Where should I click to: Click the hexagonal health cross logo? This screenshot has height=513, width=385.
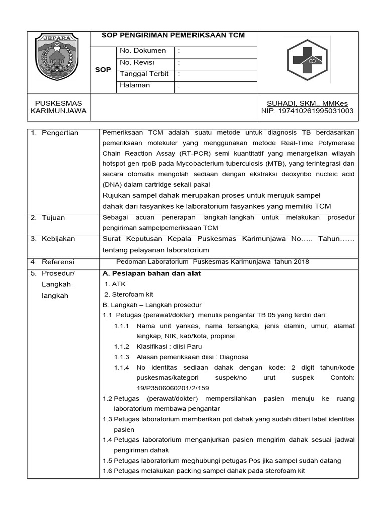307,61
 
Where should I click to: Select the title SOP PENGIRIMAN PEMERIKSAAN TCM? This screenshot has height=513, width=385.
173,35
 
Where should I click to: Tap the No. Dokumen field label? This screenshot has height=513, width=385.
143,51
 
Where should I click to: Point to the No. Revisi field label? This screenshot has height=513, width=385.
137,62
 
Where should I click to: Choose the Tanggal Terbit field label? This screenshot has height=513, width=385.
144,74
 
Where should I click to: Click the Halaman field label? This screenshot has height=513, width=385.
135,85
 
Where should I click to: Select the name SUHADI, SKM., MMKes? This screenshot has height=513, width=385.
307,103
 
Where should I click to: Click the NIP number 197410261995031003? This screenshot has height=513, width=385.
307,111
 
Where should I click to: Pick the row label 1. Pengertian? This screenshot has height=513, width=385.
54,133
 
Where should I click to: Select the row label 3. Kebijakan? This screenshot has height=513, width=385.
52,239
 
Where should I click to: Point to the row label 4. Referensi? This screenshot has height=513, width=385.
52,262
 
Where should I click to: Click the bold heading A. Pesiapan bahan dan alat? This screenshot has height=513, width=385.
151,274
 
